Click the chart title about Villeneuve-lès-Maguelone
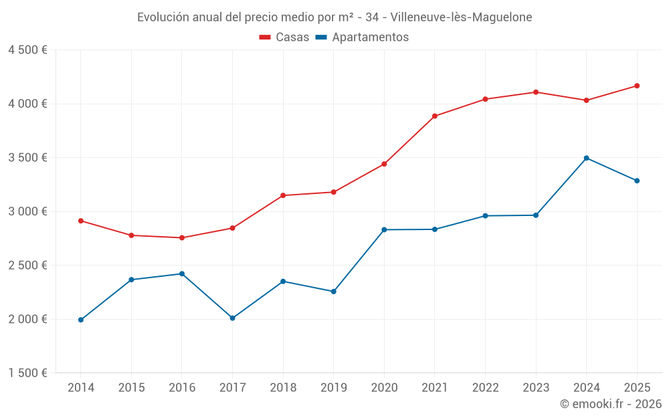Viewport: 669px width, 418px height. pyautogui.click(x=334, y=17)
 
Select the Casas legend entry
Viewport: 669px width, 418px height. pyautogui.click(x=285, y=37)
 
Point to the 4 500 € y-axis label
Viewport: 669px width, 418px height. pyautogui.click(x=27, y=50)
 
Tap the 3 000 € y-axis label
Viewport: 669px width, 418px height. pyautogui.click(x=27, y=211)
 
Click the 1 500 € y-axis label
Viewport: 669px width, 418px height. pyautogui.click(x=27, y=373)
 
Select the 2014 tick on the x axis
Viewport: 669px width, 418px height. pyautogui.click(x=81, y=387)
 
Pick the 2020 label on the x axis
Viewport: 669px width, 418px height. pyautogui.click(x=384, y=387)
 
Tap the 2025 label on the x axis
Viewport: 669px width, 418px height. pyautogui.click(x=637, y=387)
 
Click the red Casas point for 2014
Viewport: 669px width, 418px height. pyautogui.click(x=81, y=221)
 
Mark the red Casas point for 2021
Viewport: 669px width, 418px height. pyautogui.click(x=435, y=116)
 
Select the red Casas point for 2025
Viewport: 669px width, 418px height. pyautogui.click(x=637, y=86)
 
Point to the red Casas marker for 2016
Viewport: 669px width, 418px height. pyautogui.click(x=182, y=237)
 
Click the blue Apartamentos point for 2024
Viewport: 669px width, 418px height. pyautogui.click(x=587, y=158)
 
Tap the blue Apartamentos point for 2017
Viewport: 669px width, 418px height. pyautogui.click(x=233, y=318)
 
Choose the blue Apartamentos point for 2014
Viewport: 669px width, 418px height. pyautogui.click(x=81, y=320)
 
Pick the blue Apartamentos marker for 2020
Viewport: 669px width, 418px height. pyautogui.click(x=384, y=229)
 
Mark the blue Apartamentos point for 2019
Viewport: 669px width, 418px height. pyautogui.click(x=334, y=292)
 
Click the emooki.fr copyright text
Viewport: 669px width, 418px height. pyautogui.click(x=611, y=404)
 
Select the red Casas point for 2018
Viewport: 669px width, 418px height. pyautogui.click(x=283, y=195)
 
